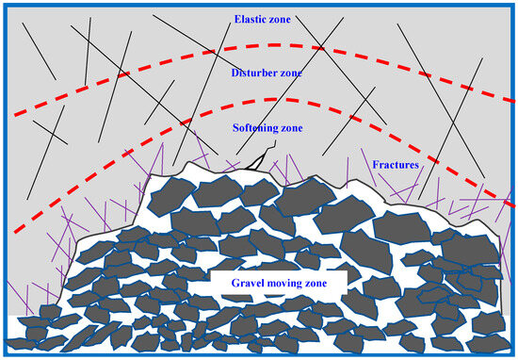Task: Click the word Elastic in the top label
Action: coord(250,18)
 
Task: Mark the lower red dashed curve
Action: coord(283,99)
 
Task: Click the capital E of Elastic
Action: coord(235,18)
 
